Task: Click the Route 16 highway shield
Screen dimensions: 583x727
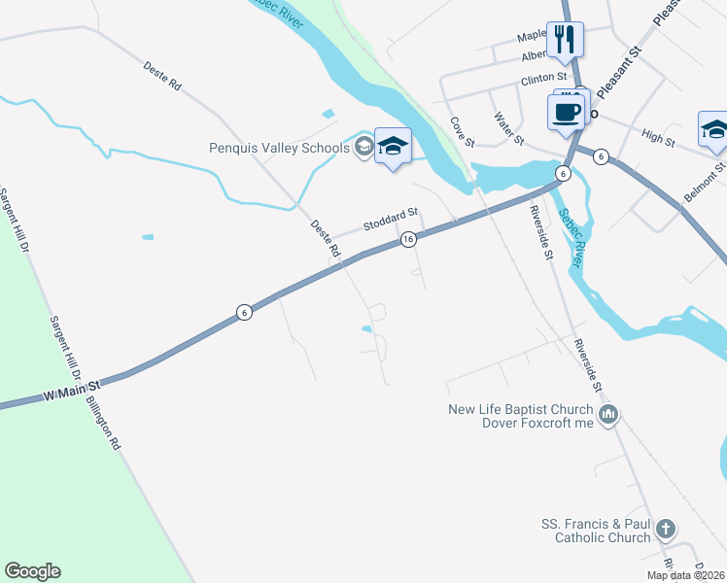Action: tap(408, 239)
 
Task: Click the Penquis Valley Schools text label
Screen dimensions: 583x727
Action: tap(279, 149)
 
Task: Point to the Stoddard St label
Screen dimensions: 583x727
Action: tap(390, 219)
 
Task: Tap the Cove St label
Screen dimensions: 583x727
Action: tap(461, 132)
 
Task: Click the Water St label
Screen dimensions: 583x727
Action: tap(508, 128)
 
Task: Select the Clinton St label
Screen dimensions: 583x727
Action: tap(543, 77)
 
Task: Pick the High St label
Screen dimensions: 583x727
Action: tap(658, 140)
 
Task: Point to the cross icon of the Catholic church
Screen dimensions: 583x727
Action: tap(665, 530)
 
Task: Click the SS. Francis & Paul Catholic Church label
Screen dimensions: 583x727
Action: tap(596, 531)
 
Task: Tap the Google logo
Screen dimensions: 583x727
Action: tap(32, 571)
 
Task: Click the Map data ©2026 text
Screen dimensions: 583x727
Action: tap(686, 575)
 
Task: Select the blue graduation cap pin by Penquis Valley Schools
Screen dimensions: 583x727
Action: tap(393, 147)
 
